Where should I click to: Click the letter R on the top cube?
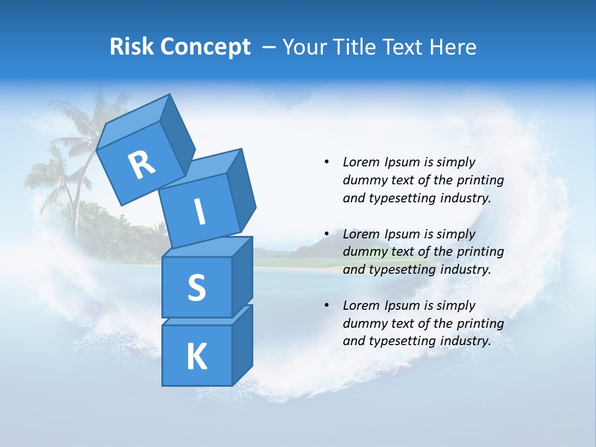142,165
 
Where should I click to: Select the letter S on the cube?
196,288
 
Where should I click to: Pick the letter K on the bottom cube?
196,357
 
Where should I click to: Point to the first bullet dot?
326,162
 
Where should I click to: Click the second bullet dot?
326,234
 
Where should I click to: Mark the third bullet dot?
326,305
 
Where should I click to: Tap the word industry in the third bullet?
466,341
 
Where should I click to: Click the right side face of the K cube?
242,345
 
